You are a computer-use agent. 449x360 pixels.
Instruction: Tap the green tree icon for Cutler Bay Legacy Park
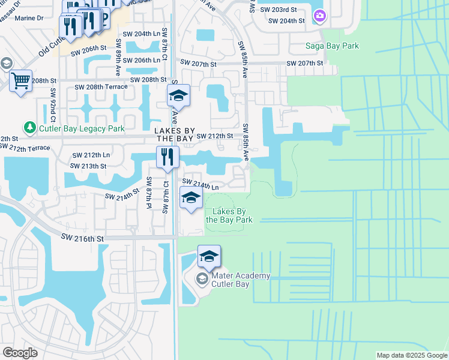(x=29, y=128)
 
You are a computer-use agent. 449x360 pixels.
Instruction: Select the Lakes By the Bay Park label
(x=229, y=216)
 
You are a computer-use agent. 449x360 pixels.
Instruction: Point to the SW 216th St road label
(x=82, y=238)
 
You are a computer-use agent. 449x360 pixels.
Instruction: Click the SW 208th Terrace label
(x=101, y=87)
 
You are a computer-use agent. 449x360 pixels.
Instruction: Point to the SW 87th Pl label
(x=148, y=193)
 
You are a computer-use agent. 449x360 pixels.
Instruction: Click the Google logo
(x=21, y=352)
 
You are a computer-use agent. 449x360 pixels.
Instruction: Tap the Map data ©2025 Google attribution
(x=411, y=355)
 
